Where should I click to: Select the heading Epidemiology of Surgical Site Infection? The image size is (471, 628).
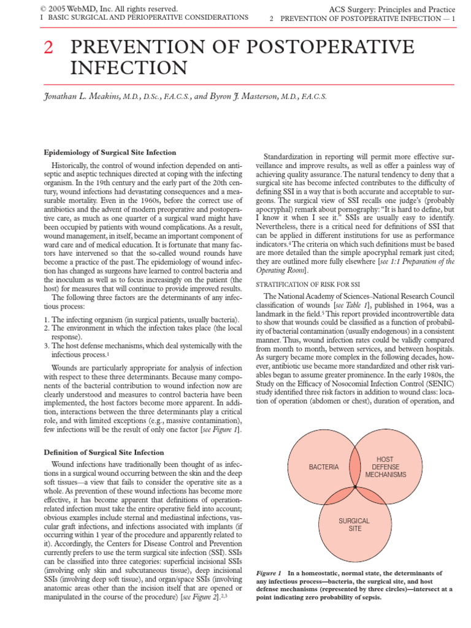click(110, 152)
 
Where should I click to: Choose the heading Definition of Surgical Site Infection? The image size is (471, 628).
click(104, 452)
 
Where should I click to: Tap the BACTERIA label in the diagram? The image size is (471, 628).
click(324, 467)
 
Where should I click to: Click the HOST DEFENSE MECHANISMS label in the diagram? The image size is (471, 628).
click(385, 467)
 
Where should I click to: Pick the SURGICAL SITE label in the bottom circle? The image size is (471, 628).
click(354, 524)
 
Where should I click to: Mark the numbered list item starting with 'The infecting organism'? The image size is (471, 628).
click(141, 320)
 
